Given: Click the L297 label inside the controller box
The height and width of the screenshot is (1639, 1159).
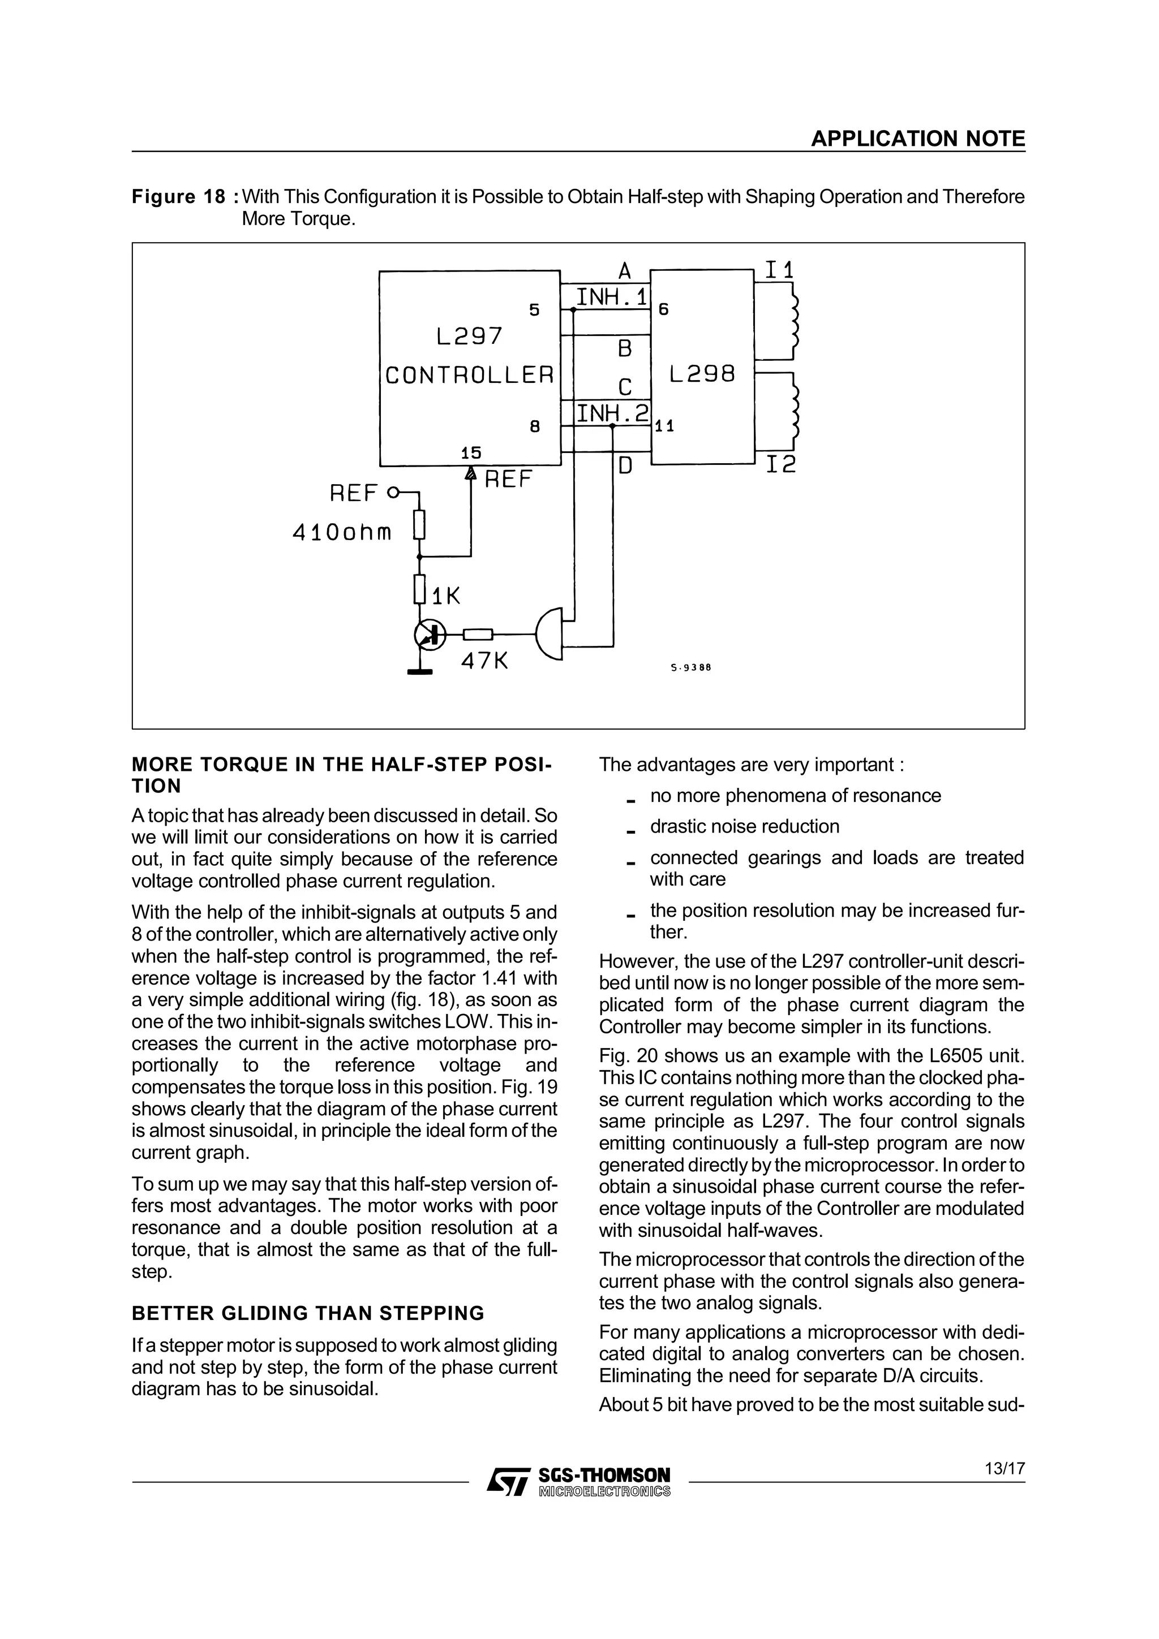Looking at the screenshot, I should pos(469,336).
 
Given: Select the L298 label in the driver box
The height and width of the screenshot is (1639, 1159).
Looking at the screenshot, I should pos(702,374).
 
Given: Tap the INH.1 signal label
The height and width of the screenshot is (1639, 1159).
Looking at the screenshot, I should pos(611,297).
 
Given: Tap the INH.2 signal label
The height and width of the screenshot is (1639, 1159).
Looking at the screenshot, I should pos(612,413).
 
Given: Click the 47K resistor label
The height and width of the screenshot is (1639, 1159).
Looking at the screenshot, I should pos(484,662).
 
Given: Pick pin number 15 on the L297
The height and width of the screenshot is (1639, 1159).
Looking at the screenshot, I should pos(471,452).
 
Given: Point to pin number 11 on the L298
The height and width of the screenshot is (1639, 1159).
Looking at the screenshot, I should pos(665,426).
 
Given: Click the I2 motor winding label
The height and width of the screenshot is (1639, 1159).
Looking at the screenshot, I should pos(780,465).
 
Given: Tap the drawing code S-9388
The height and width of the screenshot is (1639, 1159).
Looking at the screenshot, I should pos(691,668).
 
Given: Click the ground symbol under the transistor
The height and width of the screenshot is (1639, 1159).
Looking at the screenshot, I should pos(420,670).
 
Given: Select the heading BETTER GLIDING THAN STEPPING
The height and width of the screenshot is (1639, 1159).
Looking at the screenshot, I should pos(308,1313).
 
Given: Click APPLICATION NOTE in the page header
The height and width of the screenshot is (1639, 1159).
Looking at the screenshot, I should pos(917,139).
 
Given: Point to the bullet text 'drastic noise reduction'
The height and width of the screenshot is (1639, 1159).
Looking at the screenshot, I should pos(744,827).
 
